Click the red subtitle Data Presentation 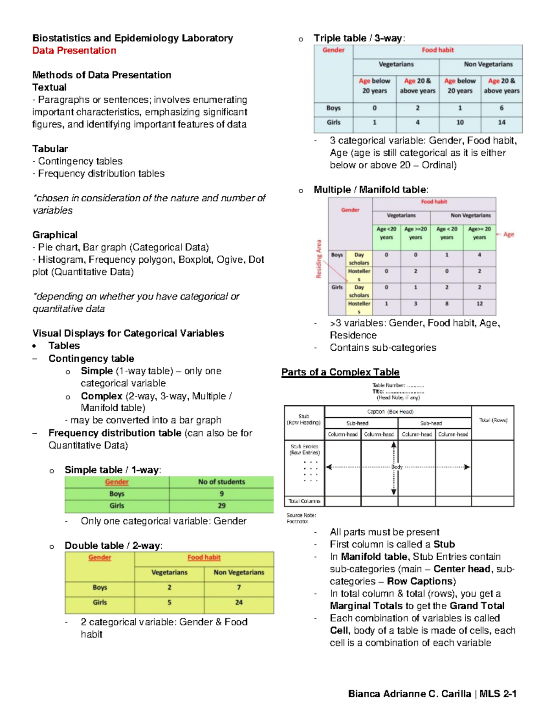coord(74,50)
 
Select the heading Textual coord(49,87)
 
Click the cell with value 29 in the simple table coord(221,506)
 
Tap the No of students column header coord(221,482)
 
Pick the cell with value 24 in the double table coord(239,602)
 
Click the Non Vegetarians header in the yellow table coord(239,572)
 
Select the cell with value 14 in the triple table coord(501,122)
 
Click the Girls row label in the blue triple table coord(333,122)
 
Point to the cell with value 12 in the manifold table coord(479,304)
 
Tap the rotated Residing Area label coord(319,259)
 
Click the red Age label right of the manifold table coord(508,234)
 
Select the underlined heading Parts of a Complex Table coord(340,372)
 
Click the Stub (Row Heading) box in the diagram coord(304,419)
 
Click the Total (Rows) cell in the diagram coord(493,420)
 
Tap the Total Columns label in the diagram coord(304,501)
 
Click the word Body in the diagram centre coord(397,467)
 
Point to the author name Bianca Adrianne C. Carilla coord(409,694)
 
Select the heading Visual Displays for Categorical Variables coord(128,333)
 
